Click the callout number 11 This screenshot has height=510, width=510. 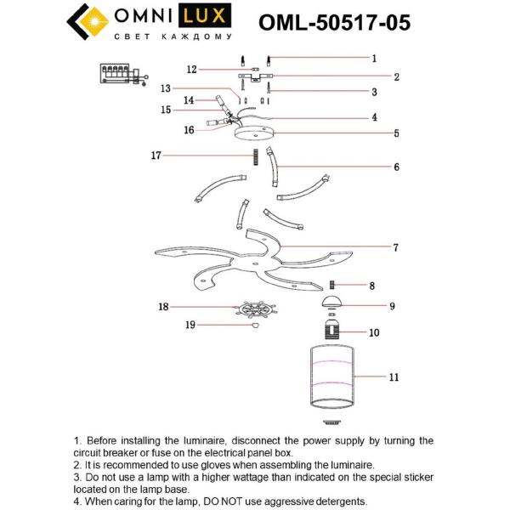(394, 376)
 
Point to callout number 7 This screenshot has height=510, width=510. (395, 247)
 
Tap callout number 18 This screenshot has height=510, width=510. (164, 307)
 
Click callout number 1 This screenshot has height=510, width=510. (374, 59)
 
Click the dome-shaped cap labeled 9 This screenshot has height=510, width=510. (332, 303)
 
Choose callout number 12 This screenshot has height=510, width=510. (192, 69)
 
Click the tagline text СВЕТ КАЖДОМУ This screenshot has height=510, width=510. (172, 37)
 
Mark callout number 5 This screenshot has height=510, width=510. (396, 133)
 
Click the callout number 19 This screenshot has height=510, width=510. (192, 325)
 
